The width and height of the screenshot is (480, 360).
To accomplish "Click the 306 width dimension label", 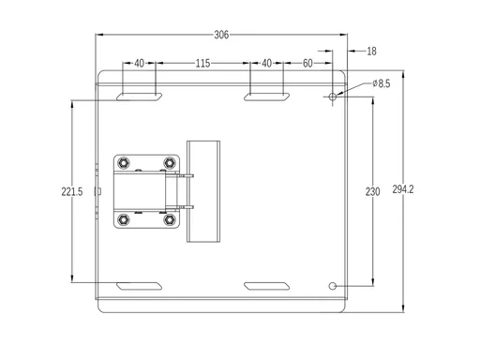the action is tap(221, 35).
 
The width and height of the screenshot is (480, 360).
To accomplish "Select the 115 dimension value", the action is tap(202, 64).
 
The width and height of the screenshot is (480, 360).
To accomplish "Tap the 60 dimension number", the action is tap(307, 64).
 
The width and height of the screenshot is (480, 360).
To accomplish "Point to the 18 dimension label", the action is tap(371, 52).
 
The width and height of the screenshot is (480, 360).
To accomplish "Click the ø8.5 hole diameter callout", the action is tap(382, 83).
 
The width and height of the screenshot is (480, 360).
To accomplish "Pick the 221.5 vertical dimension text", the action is tap(72, 191).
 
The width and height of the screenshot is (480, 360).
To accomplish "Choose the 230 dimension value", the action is tap(373, 191).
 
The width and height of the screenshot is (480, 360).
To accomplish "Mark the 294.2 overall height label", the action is tap(403, 189).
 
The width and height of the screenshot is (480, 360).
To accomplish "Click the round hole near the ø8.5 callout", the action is tap(333, 97).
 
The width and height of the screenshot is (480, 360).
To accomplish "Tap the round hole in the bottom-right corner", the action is tap(333, 286).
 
